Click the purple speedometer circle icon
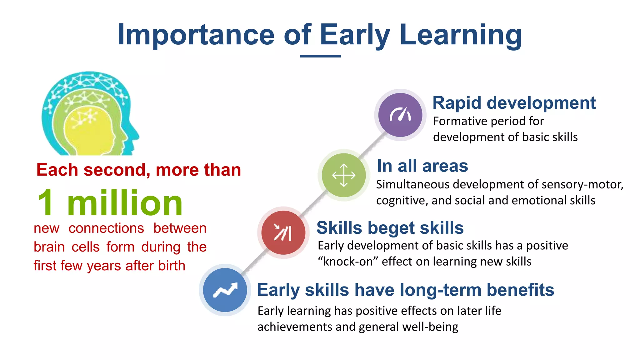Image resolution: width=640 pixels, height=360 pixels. (x=400, y=115)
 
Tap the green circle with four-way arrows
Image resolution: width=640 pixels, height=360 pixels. (x=344, y=175)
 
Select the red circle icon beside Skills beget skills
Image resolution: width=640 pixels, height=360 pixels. (x=283, y=232)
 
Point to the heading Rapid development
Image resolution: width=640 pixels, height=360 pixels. (x=514, y=103)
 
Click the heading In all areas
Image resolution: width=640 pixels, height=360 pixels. (x=422, y=166)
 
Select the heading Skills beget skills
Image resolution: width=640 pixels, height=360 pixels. (x=390, y=227)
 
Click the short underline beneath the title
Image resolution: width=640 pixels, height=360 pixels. (x=320, y=56)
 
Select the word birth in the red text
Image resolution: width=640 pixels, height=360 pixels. (x=172, y=266)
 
